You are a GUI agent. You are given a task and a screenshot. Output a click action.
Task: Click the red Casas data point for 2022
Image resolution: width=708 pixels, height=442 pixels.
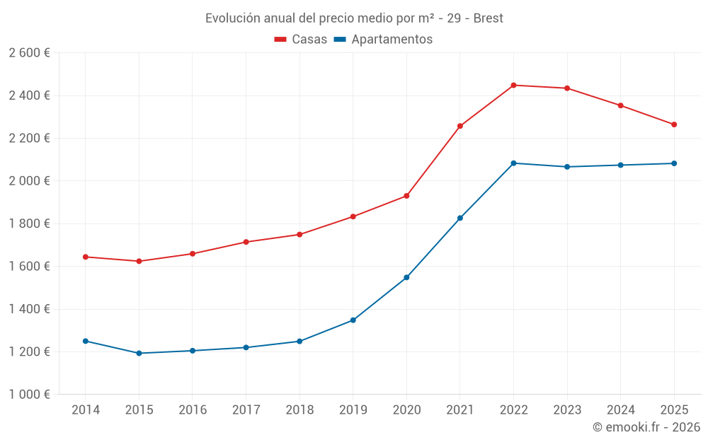513,85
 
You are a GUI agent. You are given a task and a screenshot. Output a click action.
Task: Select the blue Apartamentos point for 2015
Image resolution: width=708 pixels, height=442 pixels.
139,353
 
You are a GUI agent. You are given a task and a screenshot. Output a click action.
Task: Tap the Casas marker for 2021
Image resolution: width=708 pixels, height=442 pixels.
460,126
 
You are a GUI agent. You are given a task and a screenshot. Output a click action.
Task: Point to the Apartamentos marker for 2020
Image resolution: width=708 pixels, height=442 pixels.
406,277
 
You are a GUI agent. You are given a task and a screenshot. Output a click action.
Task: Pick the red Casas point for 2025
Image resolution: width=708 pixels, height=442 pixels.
674,124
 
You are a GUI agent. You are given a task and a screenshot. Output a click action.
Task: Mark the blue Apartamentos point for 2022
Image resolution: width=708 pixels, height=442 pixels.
513,163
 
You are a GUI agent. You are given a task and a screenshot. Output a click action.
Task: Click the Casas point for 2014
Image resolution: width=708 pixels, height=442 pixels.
86,257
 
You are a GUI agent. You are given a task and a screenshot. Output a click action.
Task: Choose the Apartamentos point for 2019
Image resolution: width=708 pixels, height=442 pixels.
353,320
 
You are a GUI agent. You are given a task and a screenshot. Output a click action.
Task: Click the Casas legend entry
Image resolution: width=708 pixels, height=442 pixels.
301,40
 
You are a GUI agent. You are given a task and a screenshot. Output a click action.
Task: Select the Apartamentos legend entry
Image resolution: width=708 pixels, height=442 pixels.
383,40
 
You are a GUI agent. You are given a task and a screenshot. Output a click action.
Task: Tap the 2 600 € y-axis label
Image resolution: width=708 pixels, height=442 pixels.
29,52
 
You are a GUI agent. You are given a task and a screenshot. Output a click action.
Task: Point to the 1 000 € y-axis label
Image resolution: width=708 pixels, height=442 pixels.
29,395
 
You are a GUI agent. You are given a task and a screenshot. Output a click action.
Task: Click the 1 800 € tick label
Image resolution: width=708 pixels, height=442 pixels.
29,223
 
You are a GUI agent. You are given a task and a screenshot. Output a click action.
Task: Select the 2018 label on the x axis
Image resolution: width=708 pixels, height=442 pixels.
299,410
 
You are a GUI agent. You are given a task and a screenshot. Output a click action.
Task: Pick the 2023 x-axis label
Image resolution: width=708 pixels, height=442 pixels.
567,410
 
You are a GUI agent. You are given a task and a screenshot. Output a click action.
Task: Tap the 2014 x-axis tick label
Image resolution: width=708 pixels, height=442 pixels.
86,410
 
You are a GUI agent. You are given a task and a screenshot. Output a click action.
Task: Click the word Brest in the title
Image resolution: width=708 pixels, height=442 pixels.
488,18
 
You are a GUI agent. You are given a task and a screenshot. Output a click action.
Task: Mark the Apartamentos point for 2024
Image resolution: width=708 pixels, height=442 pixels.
620,165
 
